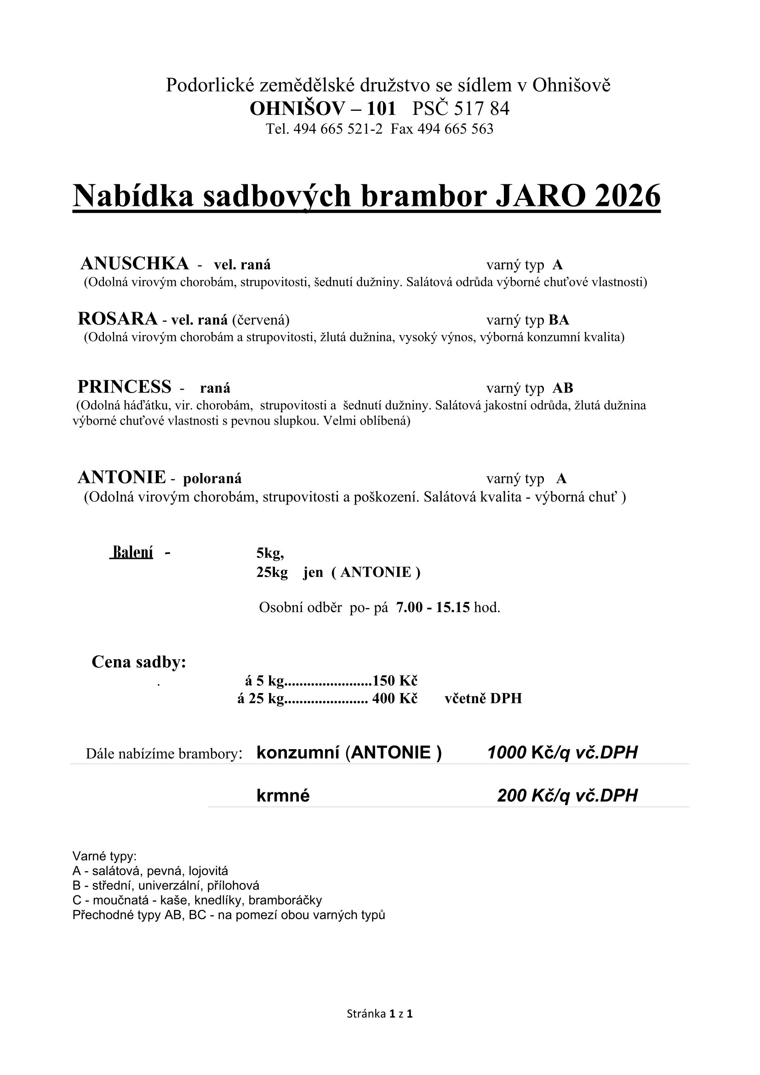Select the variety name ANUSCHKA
click(134, 264)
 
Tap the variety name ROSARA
click(118, 319)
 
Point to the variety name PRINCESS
click(125, 387)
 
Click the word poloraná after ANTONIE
click(212, 478)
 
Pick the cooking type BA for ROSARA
click(559, 320)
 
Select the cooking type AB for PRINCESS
click(562, 388)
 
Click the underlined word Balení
click(132, 552)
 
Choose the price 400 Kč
click(394, 699)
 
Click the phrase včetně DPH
click(483, 699)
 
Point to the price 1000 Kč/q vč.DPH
click(562, 753)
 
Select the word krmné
click(283, 796)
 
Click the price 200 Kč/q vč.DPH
click(567, 796)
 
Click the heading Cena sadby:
click(138, 662)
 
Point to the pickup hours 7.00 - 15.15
click(433, 608)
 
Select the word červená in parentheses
click(261, 320)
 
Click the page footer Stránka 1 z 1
click(379, 1014)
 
